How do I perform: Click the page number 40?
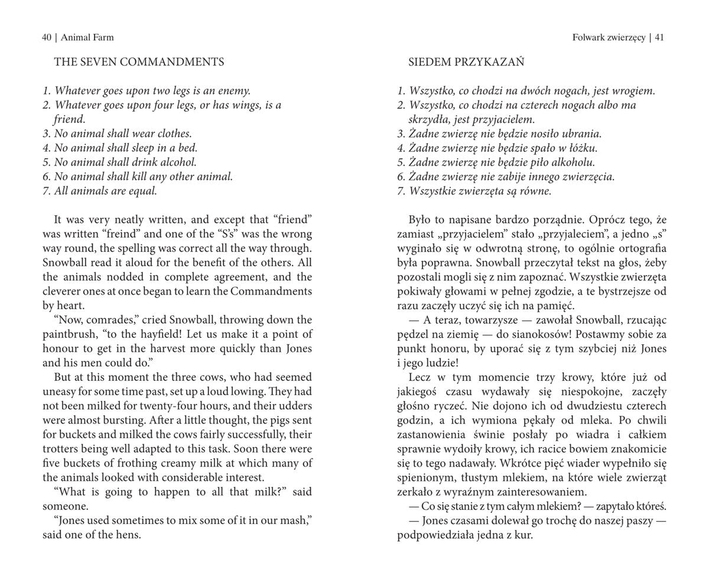47,37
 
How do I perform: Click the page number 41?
659,37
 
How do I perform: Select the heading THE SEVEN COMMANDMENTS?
139,62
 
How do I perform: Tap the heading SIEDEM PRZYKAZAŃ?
466,62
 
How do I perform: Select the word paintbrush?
67,334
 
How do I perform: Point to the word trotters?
61,449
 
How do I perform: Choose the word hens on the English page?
129,535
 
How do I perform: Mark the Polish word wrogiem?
632,90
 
